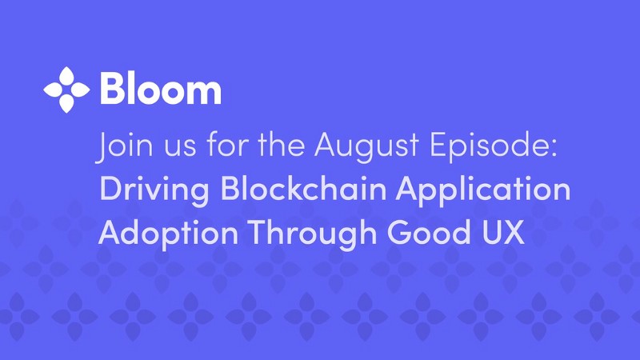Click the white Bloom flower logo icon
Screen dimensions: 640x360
click(66, 90)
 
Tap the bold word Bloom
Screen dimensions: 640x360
click(161, 89)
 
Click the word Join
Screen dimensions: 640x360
click(125, 146)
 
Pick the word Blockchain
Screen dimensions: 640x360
click(303, 188)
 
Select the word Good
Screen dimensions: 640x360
click(429, 232)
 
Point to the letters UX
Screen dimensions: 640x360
click(502, 232)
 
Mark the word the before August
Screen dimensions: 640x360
click(281, 145)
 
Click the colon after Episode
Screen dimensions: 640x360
click(554, 149)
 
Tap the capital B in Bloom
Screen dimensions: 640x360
click(113, 89)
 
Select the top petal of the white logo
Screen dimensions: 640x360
click(66, 77)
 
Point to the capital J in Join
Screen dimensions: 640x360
click(102, 148)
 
